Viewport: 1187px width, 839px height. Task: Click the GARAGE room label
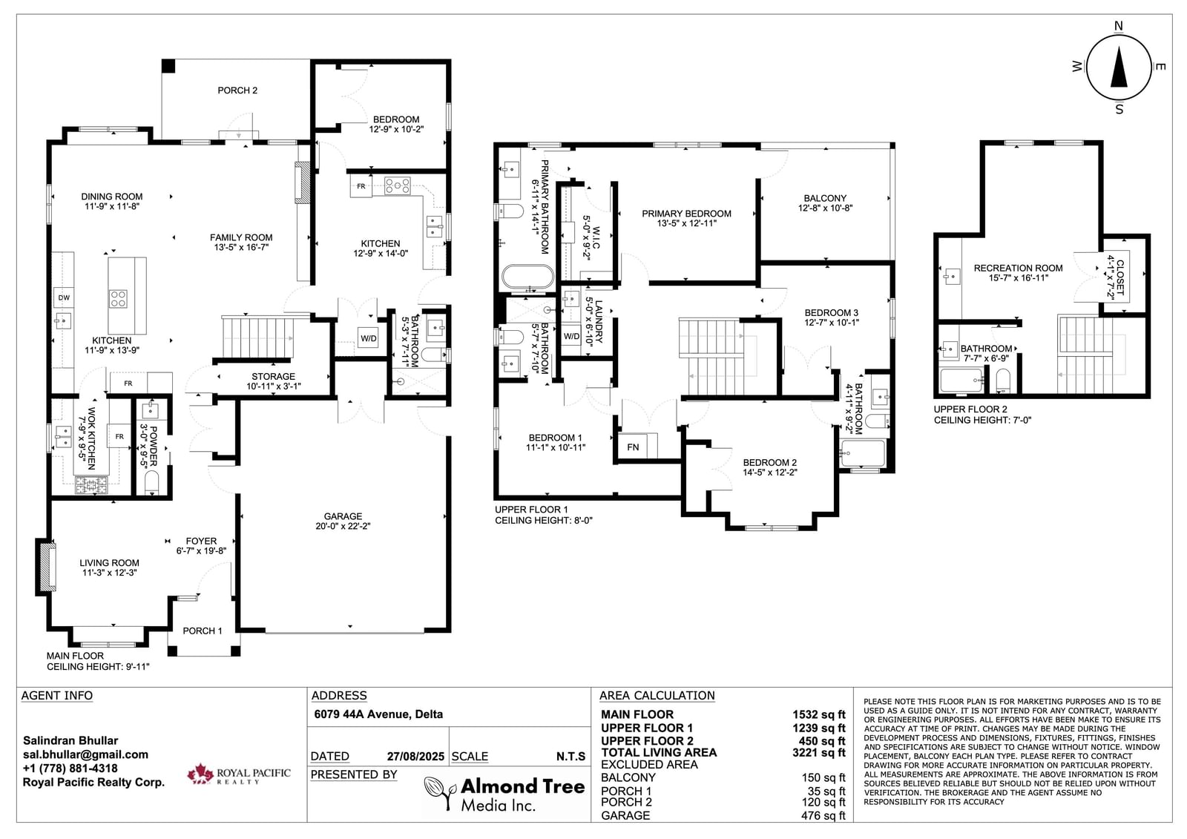(x=343, y=516)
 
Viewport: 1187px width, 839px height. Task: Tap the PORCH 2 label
(x=237, y=91)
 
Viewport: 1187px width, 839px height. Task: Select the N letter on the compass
(x=1119, y=26)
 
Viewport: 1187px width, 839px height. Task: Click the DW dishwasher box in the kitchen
(x=64, y=298)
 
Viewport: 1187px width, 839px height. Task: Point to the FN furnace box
(x=633, y=447)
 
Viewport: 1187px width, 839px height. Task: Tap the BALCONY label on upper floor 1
(x=825, y=198)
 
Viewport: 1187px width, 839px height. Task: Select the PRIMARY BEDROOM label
(x=686, y=214)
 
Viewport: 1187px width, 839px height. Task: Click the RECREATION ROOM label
(x=1018, y=269)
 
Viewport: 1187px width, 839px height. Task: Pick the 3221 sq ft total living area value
(x=819, y=753)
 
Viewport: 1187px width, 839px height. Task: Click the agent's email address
(x=85, y=754)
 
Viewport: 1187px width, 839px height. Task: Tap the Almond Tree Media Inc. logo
(x=504, y=794)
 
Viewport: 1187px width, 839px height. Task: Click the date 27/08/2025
(x=415, y=757)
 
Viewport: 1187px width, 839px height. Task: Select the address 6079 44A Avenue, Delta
(x=378, y=714)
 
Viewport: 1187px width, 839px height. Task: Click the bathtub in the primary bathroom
(x=527, y=277)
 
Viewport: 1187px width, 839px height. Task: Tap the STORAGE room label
(x=274, y=376)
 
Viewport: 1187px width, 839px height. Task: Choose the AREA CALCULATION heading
(x=657, y=695)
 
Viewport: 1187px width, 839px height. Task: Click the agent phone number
(x=70, y=769)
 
